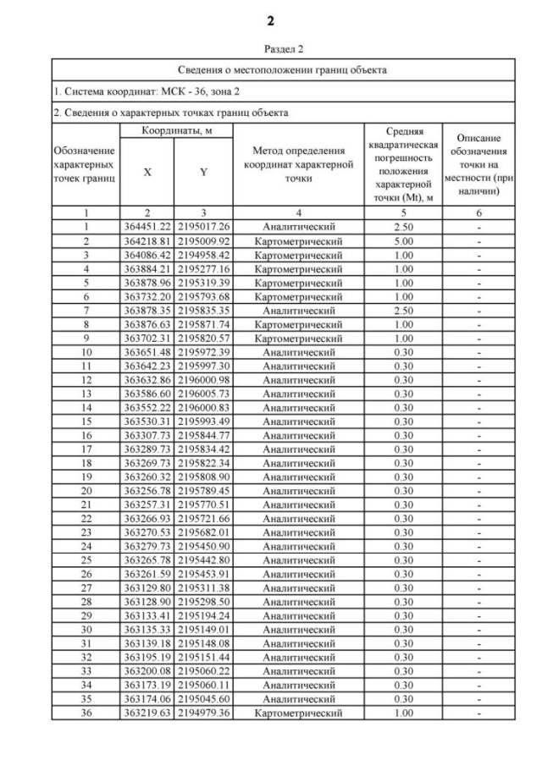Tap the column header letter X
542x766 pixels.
(147, 171)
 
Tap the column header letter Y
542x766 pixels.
(202, 171)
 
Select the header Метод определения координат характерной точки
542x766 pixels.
(298, 164)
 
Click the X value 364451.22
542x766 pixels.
(147, 227)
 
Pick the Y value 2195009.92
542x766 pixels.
(202, 240)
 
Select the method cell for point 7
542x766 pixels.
(298, 308)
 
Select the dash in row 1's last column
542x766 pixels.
(478, 227)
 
